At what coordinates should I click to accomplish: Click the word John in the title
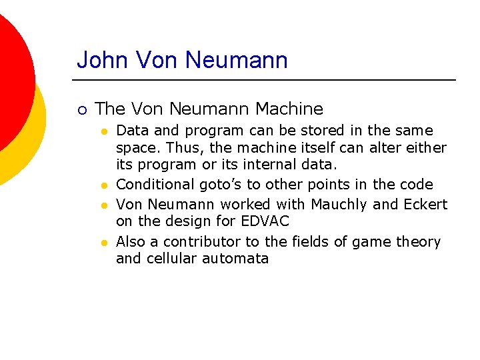click(x=101, y=60)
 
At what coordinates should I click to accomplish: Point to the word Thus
click(x=179, y=147)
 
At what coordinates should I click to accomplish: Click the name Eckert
click(x=425, y=204)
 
